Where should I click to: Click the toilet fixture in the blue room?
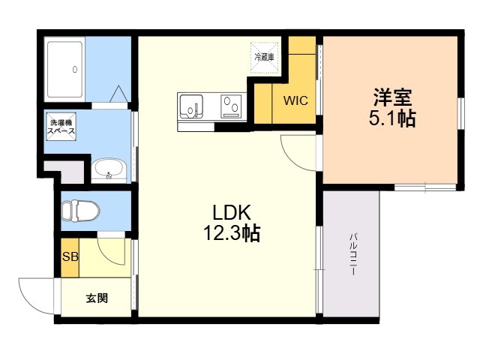click(81, 210)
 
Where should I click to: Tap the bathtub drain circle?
click(75, 70)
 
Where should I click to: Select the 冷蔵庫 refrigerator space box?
click(265, 58)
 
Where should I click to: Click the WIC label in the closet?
click(295, 100)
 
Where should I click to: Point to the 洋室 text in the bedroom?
click(392, 97)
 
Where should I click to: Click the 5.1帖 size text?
click(392, 118)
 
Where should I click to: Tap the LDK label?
click(232, 212)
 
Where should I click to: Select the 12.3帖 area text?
click(232, 233)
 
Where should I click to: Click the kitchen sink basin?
click(191, 106)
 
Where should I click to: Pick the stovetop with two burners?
click(231, 106)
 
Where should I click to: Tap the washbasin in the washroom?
click(109, 169)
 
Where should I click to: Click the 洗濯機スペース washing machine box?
click(61, 127)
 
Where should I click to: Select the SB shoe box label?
click(70, 256)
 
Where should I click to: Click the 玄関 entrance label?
click(97, 298)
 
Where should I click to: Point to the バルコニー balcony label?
click(353, 255)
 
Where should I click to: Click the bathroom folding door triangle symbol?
click(118, 94)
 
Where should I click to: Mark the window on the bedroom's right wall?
click(460, 113)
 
